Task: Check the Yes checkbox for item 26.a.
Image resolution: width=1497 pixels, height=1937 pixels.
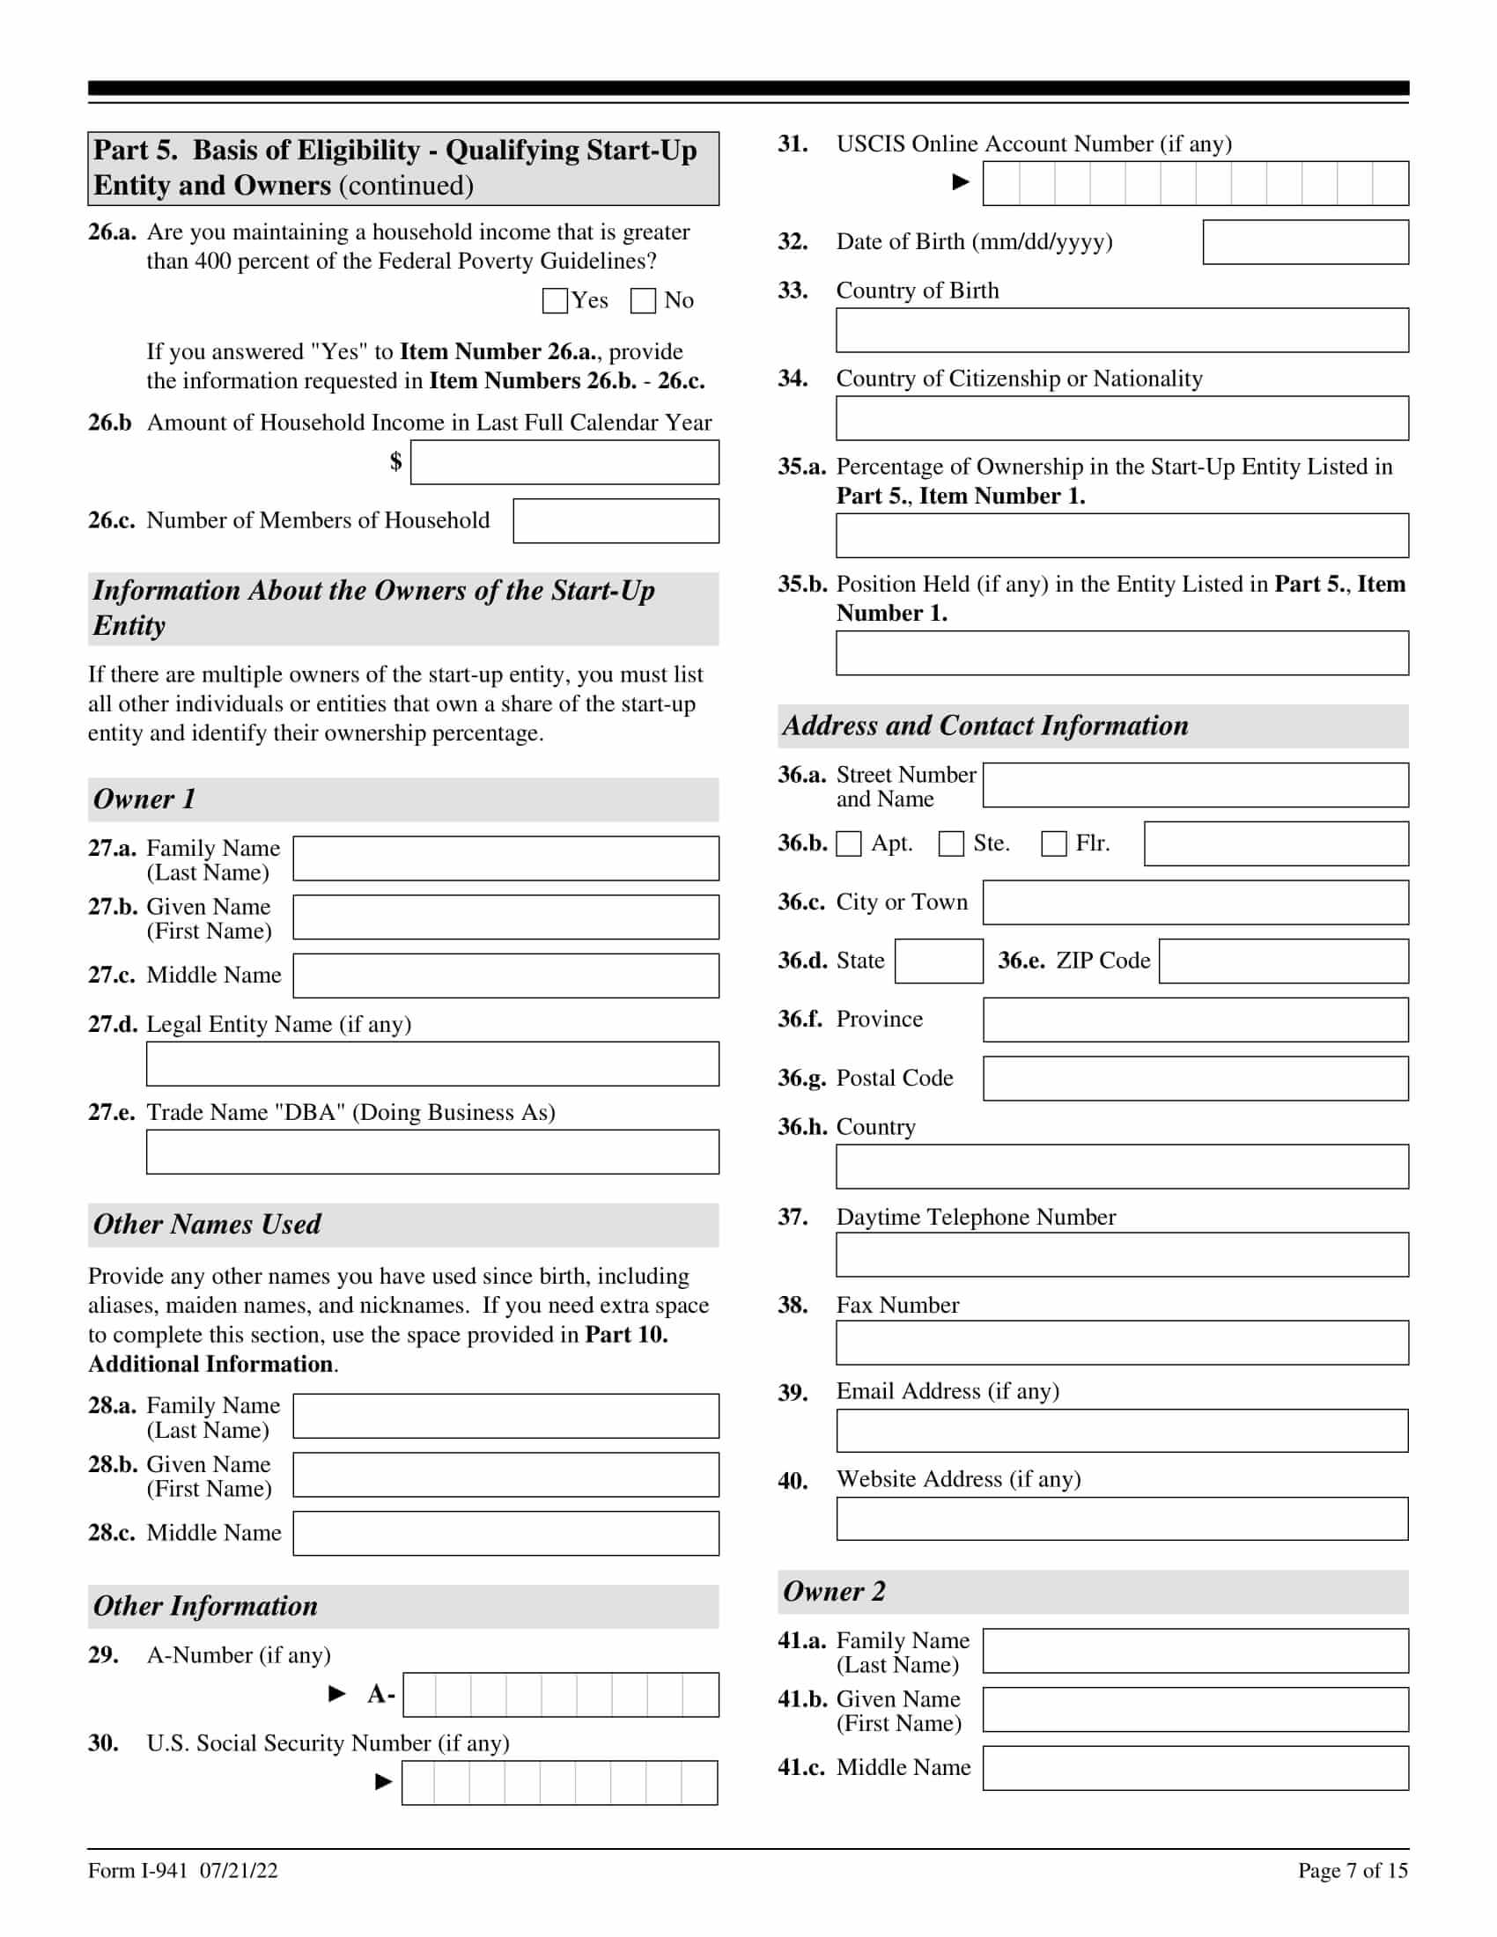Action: coord(554,300)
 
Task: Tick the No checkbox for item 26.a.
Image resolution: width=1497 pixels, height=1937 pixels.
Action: coord(642,300)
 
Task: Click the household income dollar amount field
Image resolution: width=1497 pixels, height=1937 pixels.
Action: coord(564,463)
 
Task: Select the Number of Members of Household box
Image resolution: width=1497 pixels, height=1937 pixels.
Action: coord(616,520)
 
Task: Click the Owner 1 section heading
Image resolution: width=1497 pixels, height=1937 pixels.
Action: coord(144,799)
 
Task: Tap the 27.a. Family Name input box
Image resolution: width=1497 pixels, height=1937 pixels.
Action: coord(505,858)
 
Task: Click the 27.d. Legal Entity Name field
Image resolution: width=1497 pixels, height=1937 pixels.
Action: coord(431,1064)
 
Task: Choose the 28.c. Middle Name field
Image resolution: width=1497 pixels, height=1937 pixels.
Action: coord(505,1534)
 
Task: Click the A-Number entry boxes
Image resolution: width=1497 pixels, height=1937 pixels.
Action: coord(560,1695)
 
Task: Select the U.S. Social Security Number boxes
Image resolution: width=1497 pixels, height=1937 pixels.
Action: coord(559,1783)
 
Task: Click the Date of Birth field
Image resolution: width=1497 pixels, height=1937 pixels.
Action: coord(1304,242)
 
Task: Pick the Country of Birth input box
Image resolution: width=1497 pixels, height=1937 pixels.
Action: coord(1121,330)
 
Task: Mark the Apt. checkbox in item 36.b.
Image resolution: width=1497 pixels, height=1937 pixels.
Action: coord(849,843)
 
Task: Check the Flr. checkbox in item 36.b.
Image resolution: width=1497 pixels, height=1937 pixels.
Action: coord(1053,843)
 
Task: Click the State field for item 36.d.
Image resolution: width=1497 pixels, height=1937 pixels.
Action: coord(939,961)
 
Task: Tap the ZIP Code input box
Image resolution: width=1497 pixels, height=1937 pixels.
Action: coord(1283,961)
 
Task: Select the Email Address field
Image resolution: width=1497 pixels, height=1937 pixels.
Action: coord(1121,1431)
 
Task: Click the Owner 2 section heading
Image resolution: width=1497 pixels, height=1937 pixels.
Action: coord(834,1591)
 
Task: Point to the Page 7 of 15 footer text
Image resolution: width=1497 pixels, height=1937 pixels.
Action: coord(1353,1870)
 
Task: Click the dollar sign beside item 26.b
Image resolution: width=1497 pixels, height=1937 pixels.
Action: coord(395,461)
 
